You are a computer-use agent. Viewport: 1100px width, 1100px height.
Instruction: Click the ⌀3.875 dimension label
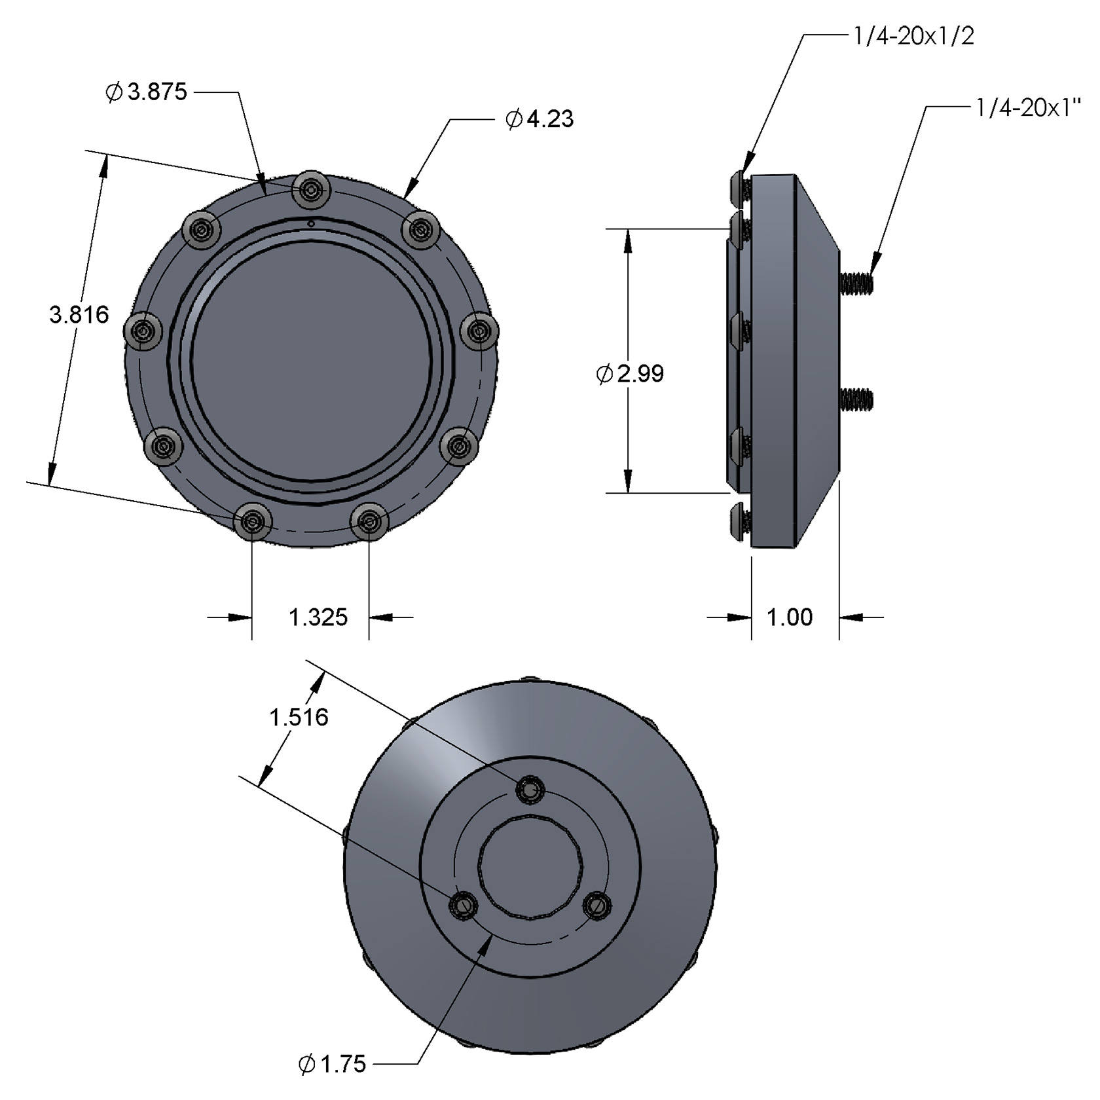coord(147,92)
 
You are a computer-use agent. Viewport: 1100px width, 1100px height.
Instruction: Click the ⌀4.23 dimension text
coord(540,119)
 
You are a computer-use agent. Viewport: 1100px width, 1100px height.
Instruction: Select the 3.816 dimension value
coord(79,315)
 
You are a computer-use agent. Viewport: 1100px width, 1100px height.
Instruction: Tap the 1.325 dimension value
coord(318,617)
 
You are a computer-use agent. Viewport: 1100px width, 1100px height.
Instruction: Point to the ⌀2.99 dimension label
coord(630,374)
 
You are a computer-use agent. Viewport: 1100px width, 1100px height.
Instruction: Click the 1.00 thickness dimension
coord(789,617)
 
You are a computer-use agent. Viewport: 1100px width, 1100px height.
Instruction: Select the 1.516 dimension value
coord(299,718)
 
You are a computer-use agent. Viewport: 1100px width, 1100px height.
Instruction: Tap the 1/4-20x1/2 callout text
coord(913,36)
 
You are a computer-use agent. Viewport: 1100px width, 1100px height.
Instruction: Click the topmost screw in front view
coord(311,190)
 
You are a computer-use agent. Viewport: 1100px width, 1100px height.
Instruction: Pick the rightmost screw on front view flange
coord(480,332)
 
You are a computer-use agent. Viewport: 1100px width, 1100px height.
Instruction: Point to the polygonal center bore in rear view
coord(531,868)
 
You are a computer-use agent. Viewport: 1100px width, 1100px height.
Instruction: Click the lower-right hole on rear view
coord(596,906)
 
